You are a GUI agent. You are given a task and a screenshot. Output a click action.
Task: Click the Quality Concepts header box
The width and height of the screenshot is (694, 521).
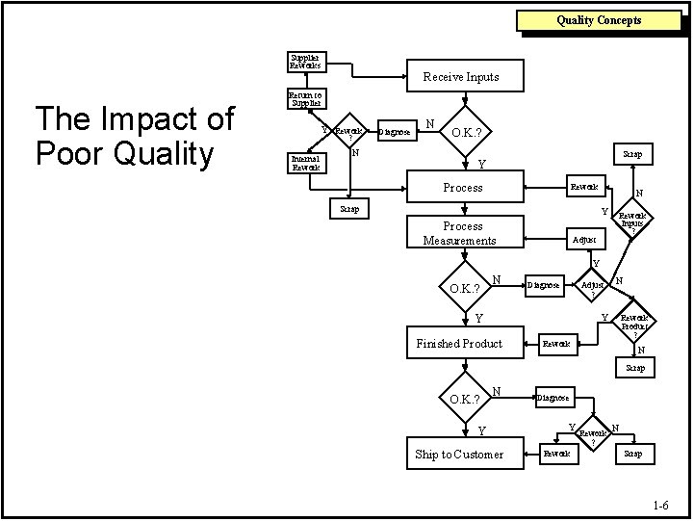pyautogui.click(x=599, y=20)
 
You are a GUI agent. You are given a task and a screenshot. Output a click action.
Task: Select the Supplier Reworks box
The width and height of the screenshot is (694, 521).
pyautogui.click(x=307, y=62)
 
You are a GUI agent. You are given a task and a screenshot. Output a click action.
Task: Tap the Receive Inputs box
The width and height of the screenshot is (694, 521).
pyautogui.click(x=461, y=76)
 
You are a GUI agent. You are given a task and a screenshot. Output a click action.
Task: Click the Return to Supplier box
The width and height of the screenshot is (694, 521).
pyautogui.click(x=305, y=98)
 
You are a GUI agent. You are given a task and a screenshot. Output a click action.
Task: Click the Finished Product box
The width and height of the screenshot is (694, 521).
pyautogui.click(x=459, y=344)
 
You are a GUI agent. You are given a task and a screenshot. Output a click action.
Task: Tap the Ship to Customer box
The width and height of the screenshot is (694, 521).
pyautogui.click(x=459, y=454)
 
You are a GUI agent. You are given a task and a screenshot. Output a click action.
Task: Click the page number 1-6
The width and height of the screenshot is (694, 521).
pyautogui.click(x=660, y=505)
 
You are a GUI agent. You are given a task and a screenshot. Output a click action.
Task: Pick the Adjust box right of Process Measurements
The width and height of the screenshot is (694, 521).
pyautogui.click(x=584, y=239)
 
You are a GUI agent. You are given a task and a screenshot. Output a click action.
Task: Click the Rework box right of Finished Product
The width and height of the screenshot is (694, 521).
pyautogui.click(x=556, y=343)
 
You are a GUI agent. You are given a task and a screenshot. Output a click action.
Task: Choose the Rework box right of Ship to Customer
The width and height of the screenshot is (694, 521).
pyautogui.click(x=556, y=453)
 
